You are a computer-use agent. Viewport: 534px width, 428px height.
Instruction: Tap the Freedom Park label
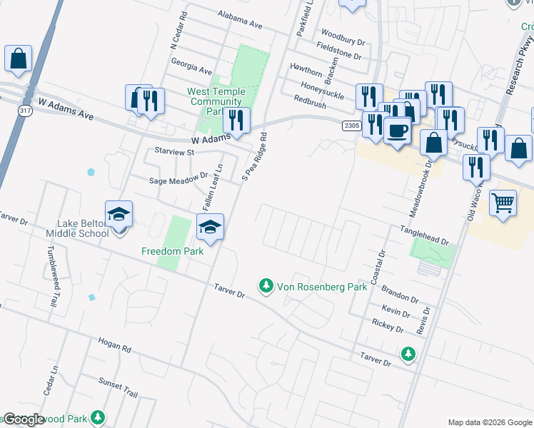(x=172, y=251)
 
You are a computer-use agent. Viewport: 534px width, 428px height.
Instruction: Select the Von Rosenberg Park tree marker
(x=267, y=285)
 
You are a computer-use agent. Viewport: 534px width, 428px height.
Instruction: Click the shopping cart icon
(x=503, y=203)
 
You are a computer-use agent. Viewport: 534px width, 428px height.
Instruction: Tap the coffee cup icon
(x=398, y=131)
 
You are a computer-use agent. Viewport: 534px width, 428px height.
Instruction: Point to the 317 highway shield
(x=26, y=111)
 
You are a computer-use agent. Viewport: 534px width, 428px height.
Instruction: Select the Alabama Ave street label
(x=241, y=22)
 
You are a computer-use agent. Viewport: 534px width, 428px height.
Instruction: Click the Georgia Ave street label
(x=191, y=71)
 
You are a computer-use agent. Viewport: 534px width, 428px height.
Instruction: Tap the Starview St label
(x=174, y=152)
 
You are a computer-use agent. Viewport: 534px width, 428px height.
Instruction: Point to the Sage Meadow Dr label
(x=178, y=181)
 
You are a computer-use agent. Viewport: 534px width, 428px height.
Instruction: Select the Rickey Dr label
(x=388, y=326)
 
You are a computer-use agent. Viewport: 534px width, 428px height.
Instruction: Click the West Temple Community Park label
(x=216, y=101)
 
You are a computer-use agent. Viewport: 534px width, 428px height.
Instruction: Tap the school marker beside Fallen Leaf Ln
(x=210, y=228)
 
